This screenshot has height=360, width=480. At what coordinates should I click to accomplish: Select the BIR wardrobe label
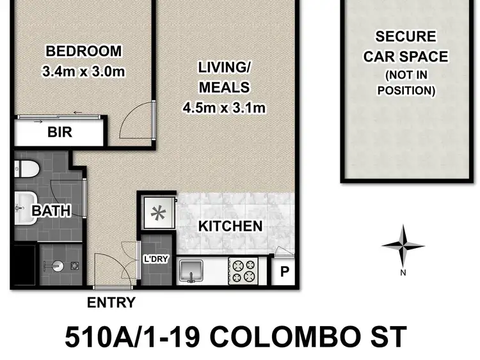pyautogui.click(x=60, y=134)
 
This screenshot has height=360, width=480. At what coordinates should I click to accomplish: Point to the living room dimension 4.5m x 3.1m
pyautogui.click(x=223, y=108)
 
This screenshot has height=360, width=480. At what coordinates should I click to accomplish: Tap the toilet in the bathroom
pyautogui.click(x=27, y=169)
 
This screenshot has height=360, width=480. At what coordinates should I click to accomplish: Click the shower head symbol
pyautogui.click(x=55, y=263)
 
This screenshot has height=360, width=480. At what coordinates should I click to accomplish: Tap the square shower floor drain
pyautogui.click(x=74, y=263)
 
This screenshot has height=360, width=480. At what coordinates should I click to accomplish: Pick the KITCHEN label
pyautogui.click(x=230, y=226)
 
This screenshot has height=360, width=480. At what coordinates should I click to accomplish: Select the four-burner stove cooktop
pyautogui.click(x=243, y=270)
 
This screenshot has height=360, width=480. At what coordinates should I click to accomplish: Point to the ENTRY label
pyautogui.click(x=111, y=302)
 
